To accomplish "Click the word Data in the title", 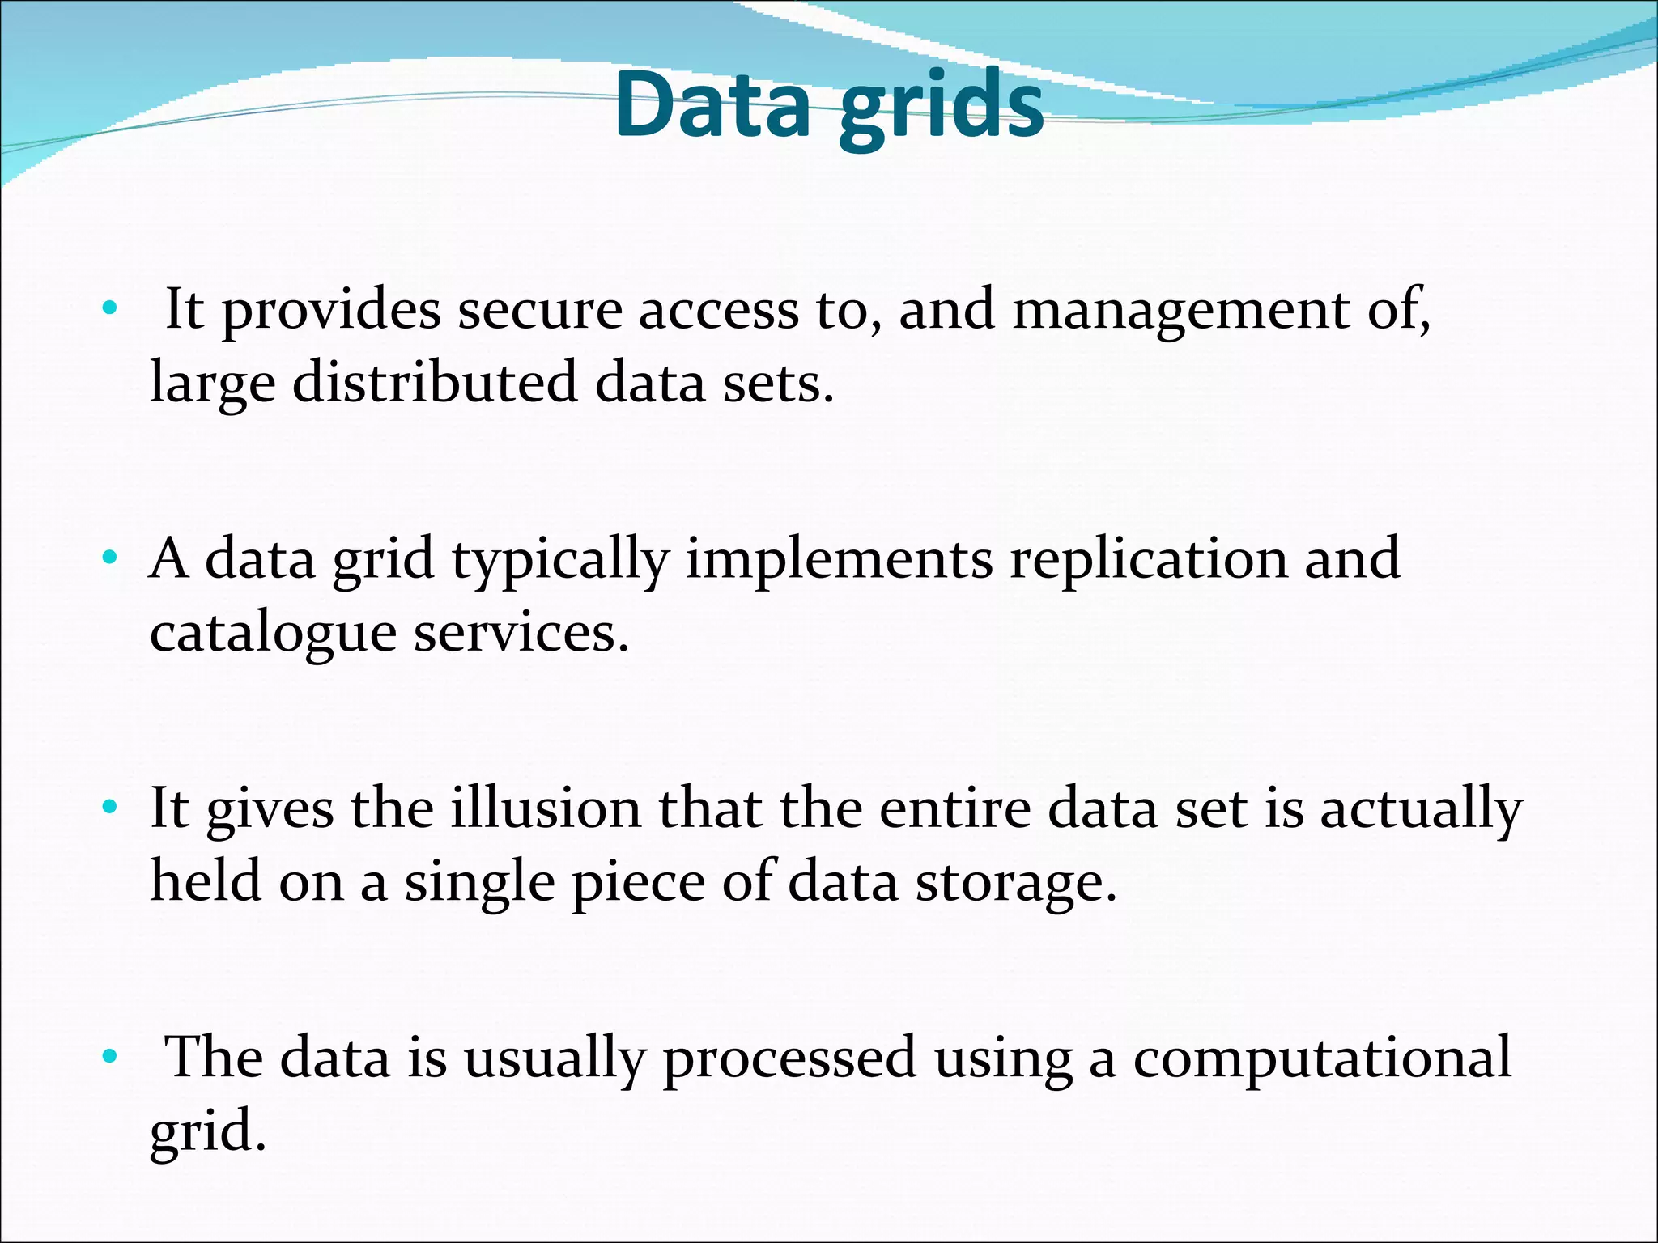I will coord(712,105).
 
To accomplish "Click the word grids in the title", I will coord(941,109).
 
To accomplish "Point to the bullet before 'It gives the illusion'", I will coord(110,807).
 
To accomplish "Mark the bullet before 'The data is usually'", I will coord(110,1056).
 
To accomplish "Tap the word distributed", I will coord(435,383).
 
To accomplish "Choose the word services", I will coord(521,632).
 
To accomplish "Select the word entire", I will coord(954,808).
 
